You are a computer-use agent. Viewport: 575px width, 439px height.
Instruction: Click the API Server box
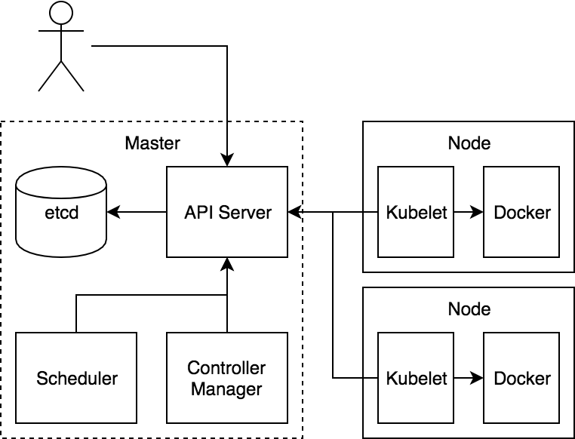tap(227, 212)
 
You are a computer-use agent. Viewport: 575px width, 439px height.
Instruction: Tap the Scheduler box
tap(76, 377)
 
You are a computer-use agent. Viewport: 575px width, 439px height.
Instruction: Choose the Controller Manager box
tap(227, 377)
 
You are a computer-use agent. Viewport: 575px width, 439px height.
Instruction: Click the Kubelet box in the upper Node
tap(416, 212)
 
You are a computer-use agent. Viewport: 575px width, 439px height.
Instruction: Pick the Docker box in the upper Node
tap(521, 212)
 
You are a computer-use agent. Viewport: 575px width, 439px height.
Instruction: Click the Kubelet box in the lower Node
tap(416, 377)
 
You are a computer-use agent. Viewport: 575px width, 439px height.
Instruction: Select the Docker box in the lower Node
tap(521, 377)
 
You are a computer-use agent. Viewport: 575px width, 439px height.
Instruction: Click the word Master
tap(152, 143)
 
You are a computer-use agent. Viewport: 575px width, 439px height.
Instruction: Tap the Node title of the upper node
tap(469, 143)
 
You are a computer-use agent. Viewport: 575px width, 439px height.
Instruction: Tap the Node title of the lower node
tap(469, 309)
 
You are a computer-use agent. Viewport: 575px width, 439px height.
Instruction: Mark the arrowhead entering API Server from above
tap(227, 161)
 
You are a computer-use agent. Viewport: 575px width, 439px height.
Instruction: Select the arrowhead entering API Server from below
tap(227, 263)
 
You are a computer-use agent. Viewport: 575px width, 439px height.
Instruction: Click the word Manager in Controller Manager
tap(227, 389)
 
